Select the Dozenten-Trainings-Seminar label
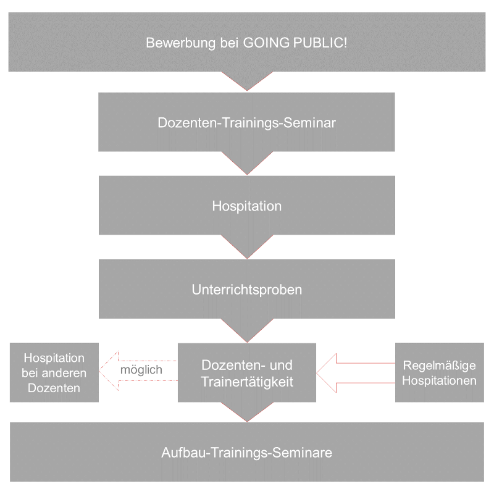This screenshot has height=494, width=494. coord(247,122)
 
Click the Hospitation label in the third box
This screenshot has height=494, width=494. coord(247,206)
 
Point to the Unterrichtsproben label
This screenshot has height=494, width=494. coord(247,289)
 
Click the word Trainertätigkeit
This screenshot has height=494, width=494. coord(247,382)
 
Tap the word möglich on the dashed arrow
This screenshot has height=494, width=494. coord(141,370)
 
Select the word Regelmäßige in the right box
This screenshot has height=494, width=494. coord(439,366)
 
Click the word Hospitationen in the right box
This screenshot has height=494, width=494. coord(439,380)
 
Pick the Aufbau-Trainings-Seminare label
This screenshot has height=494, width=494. coord(247,453)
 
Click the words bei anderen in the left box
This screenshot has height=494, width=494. coord(54,373)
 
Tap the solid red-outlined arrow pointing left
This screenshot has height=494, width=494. coord(355,372)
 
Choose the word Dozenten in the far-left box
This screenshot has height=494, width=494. coord(54,388)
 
